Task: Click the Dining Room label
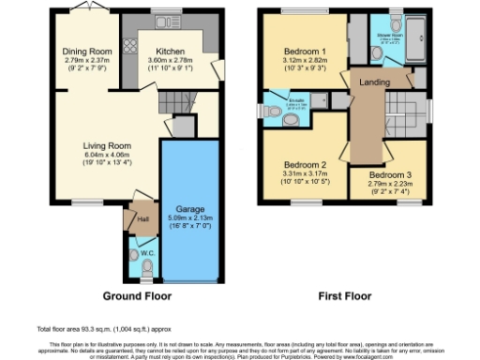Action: point(86,52)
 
